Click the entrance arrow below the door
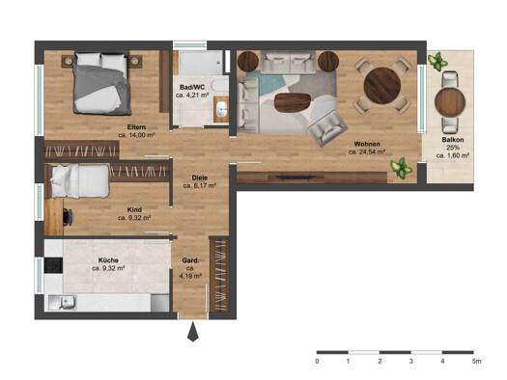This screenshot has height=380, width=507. [193, 332]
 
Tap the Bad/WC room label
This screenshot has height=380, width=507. [192, 87]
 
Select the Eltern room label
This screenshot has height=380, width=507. [136, 127]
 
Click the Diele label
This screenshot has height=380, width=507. [200, 177]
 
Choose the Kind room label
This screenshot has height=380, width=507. [134, 209]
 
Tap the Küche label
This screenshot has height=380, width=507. [108, 259]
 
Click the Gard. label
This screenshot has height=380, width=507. [190, 260]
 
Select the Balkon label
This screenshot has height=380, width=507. [453, 140]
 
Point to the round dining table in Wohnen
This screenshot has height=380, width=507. [382, 85]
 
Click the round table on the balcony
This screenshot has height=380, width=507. [450, 102]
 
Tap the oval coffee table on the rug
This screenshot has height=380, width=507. [293, 102]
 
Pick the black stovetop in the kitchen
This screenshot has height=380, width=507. [53, 265]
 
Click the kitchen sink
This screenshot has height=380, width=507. [62, 303]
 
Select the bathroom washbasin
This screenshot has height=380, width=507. [222, 109]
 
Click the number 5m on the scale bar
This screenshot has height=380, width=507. [476, 361]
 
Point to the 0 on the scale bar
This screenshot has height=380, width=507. [317, 361]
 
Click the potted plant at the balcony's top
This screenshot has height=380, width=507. [437, 61]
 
